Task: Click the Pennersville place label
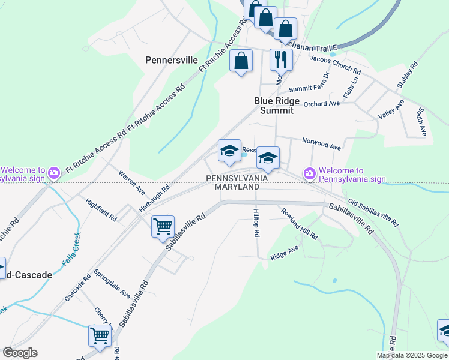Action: pyautogui.click(x=172, y=60)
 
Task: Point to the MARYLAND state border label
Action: pyautogui.click(x=237, y=187)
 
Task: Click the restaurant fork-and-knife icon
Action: pyautogui.click(x=281, y=59)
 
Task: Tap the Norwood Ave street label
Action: pyautogui.click(x=321, y=145)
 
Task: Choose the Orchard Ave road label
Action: pyautogui.click(x=322, y=104)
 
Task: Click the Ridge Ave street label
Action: pyautogui.click(x=285, y=253)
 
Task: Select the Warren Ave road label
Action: pyautogui.click(x=131, y=183)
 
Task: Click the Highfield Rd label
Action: pyautogui.click(x=101, y=209)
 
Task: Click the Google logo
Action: pyautogui.click(x=20, y=353)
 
